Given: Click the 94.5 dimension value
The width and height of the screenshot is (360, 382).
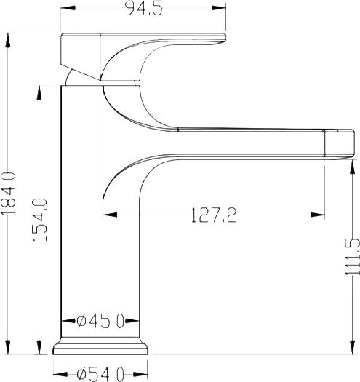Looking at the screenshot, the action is pos(145,9).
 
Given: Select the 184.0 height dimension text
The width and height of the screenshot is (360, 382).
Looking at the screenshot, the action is pos(9,194).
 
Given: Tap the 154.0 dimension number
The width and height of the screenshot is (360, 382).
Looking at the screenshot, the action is pos(40,220).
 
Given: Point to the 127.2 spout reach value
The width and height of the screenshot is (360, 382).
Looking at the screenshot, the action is pos(214,215).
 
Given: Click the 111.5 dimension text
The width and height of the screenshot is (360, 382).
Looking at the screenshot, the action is pos(353,257).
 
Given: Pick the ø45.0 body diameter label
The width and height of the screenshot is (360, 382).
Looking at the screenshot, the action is pos(100,321).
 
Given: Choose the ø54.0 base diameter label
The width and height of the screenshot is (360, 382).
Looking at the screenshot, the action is pos(100,375).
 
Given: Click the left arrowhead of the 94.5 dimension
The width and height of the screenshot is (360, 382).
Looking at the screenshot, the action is pos(68,8).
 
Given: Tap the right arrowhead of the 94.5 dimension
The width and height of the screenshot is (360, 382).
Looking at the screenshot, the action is pos(219,8).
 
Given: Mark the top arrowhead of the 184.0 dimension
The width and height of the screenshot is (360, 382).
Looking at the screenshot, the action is pos(8,41).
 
